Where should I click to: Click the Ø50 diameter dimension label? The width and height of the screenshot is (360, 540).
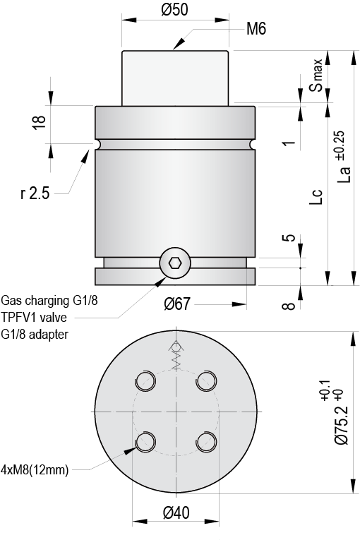click(x=175, y=10)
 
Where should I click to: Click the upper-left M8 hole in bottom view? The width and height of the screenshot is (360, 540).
click(x=145, y=381)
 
